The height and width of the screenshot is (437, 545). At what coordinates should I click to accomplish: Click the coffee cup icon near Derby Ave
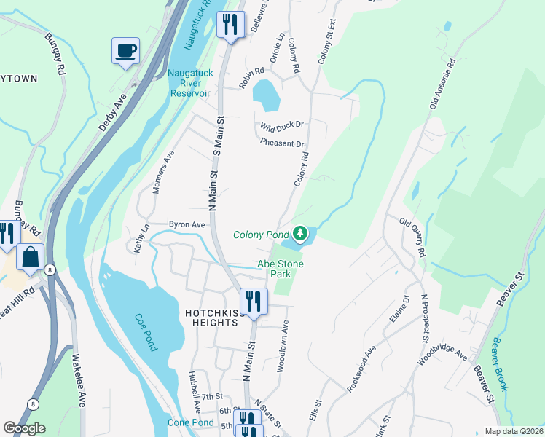[x=125, y=51]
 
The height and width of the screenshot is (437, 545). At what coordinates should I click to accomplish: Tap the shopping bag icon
[x=31, y=257]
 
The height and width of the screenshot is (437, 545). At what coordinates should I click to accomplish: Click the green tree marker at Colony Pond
[x=299, y=234]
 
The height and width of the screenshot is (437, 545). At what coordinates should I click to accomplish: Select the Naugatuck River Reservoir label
[x=190, y=82]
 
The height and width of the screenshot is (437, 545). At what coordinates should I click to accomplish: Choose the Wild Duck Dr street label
[x=281, y=125]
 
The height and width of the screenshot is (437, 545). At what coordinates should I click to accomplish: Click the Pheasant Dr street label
[x=282, y=143]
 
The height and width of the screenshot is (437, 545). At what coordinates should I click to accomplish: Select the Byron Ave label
[x=187, y=225]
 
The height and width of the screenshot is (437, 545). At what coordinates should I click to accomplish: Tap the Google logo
[x=24, y=428]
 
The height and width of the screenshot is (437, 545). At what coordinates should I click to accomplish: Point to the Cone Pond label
[x=191, y=422]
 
